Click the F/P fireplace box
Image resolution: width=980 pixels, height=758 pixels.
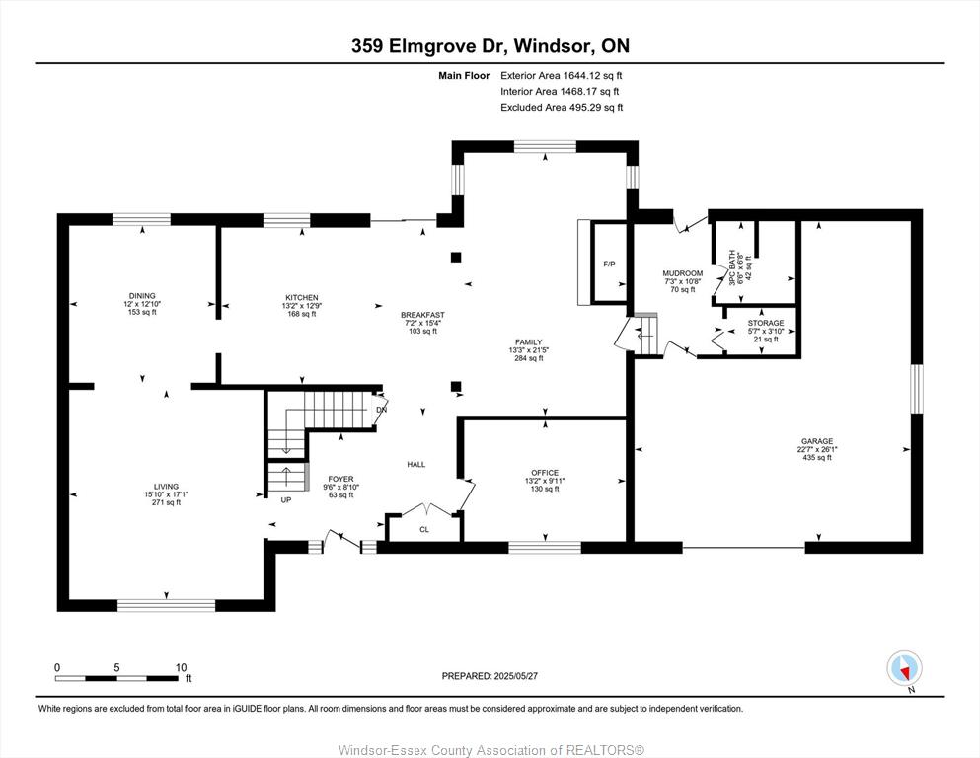pyautogui.click(x=609, y=264)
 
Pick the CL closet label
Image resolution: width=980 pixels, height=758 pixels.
pyautogui.click(x=424, y=529)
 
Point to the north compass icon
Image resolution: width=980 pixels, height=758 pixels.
pyautogui.click(x=904, y=669)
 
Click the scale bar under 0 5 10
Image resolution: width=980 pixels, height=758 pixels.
pyautogui.click(x=117, y=678)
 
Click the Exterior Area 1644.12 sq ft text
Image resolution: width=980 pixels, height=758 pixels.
pyautogui.click(x=562, y=76)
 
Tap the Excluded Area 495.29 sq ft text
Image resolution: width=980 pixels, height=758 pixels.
pyautogui.click(x=562, y=107)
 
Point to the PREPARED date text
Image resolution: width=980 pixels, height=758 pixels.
pyautogui.click(x=490, y=675)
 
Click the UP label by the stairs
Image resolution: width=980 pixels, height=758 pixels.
pyautogui.click(x=285, y=500)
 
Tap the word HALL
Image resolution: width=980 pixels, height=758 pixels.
pyautogui.click(x=416, y=464)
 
